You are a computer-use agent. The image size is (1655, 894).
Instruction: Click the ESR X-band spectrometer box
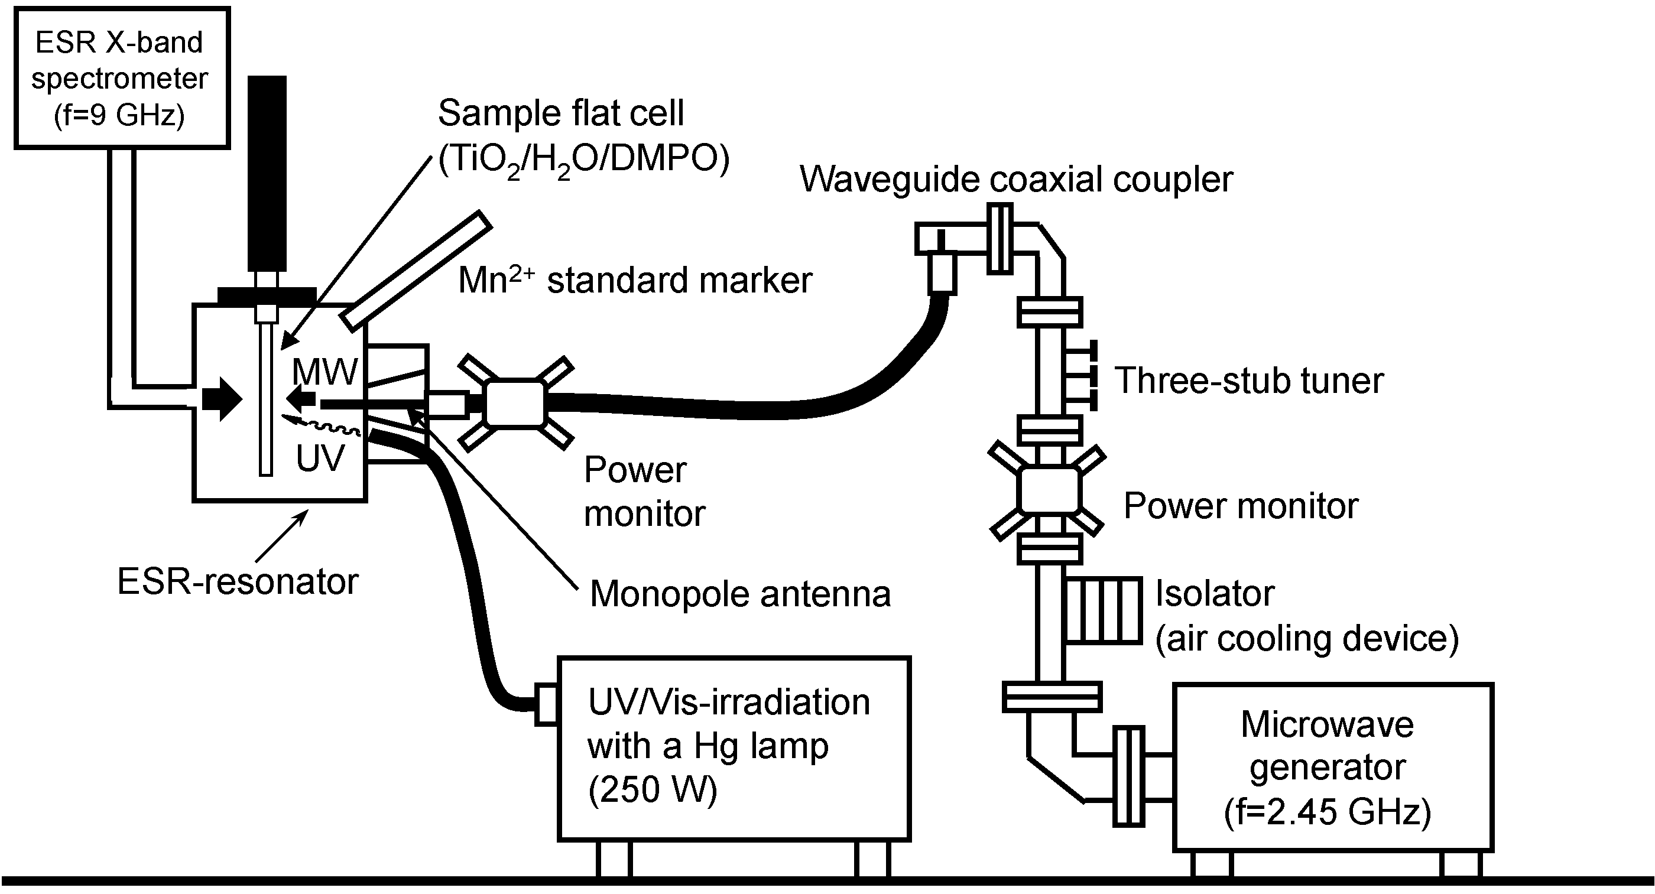pyautogui.click(x=121, y=79)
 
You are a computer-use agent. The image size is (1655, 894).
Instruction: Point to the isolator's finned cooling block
pyautogui.click(x=1103, y=610)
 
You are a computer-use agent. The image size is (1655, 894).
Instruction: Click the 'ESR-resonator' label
pyautogui.click(x=237, y=582)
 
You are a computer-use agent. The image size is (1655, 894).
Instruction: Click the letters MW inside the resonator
pyautogui.click(x=324, y=372)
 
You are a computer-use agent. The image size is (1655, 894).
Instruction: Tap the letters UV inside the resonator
pyautogui.click(x=320, y=459)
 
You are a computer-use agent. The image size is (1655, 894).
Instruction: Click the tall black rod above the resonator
pyautogui.click(x=267, y=173)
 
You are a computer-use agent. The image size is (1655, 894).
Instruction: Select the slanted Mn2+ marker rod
pyautogui.click(x=416, y=271)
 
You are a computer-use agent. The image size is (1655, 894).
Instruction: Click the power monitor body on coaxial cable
pyautogui.click(x=515, y=404)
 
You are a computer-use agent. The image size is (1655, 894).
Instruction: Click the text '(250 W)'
pyautogui.click(x=652, y=789)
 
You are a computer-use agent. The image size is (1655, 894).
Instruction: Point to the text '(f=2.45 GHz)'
pyautogui.click(x=1328, y=812)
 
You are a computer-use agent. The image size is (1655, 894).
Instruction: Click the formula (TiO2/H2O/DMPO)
pyautogui.click(x=583, y=158)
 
